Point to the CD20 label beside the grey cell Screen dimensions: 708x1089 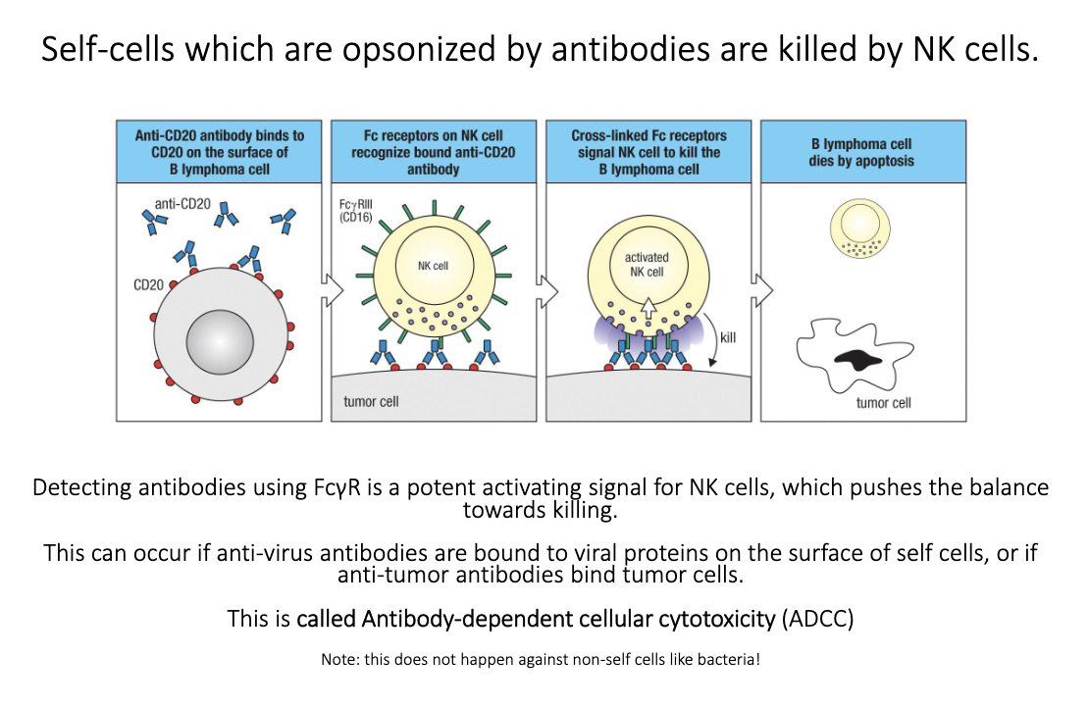(148, 284)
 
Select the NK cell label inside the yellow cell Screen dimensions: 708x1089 (433, 265)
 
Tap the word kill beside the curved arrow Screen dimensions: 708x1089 (727, 337)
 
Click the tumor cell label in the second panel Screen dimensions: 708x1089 (371, 401)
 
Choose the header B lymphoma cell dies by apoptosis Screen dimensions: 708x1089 (861, 152)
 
